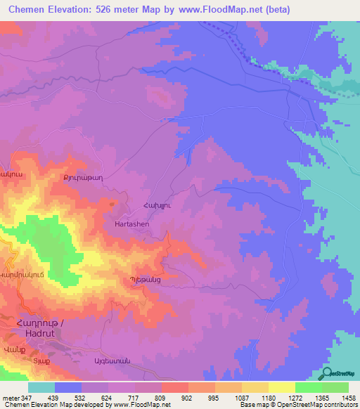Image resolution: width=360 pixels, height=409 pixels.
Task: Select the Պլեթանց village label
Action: (146, 280)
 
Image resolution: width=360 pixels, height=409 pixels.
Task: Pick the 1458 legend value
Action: (347, 398)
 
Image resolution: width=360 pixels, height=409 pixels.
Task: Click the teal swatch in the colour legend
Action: (41, 387)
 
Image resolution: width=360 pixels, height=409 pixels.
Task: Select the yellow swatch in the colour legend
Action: (281, 387)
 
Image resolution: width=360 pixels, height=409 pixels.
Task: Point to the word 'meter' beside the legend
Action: (10, 398)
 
